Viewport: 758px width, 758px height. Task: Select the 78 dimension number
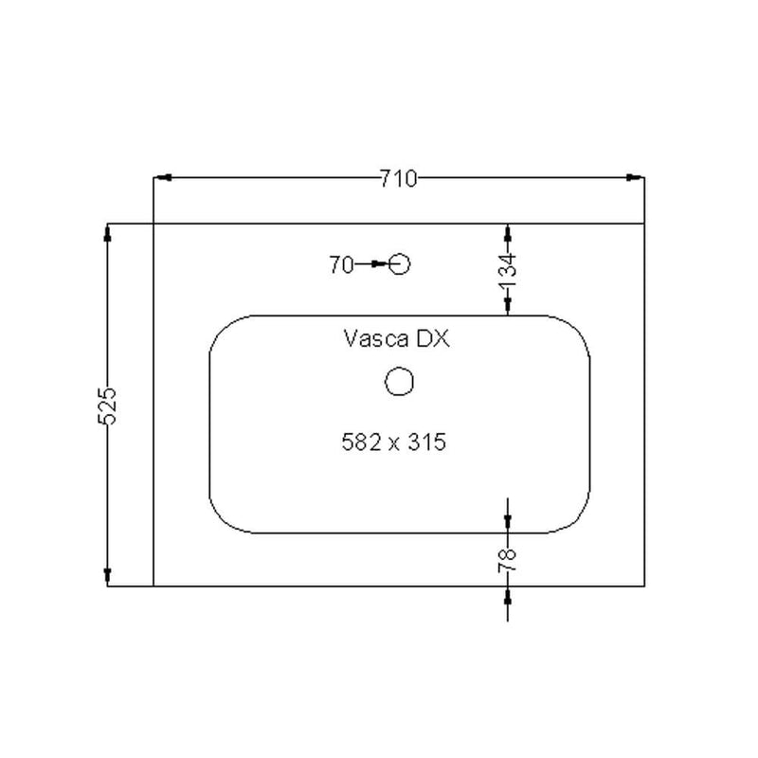pyautogui.click(x=509, y=559)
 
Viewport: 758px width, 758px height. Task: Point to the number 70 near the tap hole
pyautogui.click(x=341, y=265)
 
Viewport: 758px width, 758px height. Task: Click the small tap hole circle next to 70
pyautogui.click(x=400, y=264)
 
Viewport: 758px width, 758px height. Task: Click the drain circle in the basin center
pyautogui.click(x=400, y=381)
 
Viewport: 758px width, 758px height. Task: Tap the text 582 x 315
pyautogui.click(x=393, y=442)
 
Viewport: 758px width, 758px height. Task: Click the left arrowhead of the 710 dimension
pyautogui.click(x=161, y=177)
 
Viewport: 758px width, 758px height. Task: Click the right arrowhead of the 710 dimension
pyautogui.click(x=637, y=177)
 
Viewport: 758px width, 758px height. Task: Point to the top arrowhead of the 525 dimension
pyautogui.click(x=108, y=231)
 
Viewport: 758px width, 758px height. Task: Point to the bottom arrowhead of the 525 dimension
pyautogui.click(x=108, y=577)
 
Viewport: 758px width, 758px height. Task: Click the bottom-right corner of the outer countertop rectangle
pyautogui.click(x=643, y=586)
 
